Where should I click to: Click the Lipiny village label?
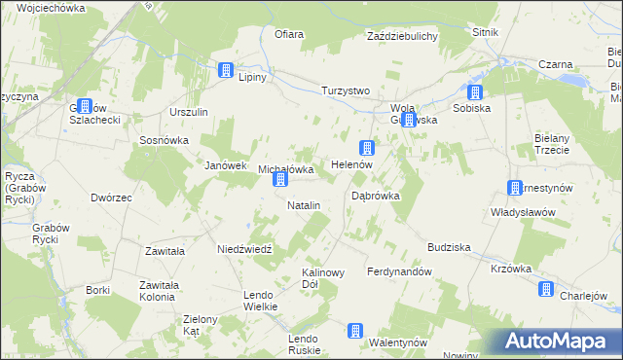pos(258,77)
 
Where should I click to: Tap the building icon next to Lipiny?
pos(226,71)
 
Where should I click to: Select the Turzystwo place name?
pos(347,90)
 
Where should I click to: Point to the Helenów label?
pos(352,165)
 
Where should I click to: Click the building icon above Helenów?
pos(367,148)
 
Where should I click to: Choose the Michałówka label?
pos(285,169)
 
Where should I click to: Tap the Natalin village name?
pos(304,205)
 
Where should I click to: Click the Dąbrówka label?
pos(376,196)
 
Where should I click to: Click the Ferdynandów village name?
pos(399,271)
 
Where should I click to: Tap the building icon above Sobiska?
pos(475,93)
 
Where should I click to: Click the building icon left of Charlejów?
pos(546,289)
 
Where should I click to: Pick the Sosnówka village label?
pos(164,139)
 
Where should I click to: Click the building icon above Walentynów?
pos(356,331)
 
